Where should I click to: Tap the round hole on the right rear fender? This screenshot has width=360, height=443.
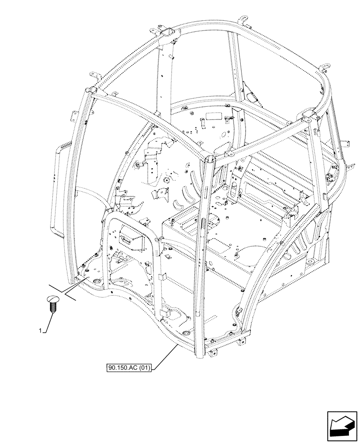pyautogui.click(x=309, y=263)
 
